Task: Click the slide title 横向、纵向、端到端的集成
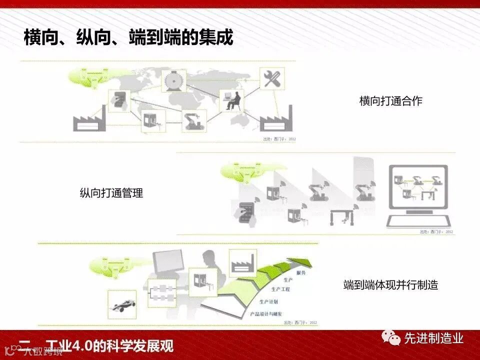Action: (128, 37)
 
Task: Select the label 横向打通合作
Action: (390, 101)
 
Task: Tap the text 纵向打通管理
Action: (111, 192)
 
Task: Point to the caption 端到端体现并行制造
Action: (390, 285)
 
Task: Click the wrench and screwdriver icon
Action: (273, 79)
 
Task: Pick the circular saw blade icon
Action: (174, 80)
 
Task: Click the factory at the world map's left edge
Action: (88, 119)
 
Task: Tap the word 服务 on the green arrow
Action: (301, 273)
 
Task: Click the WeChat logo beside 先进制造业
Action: (391, 339)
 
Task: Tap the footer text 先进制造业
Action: (433, 339)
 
